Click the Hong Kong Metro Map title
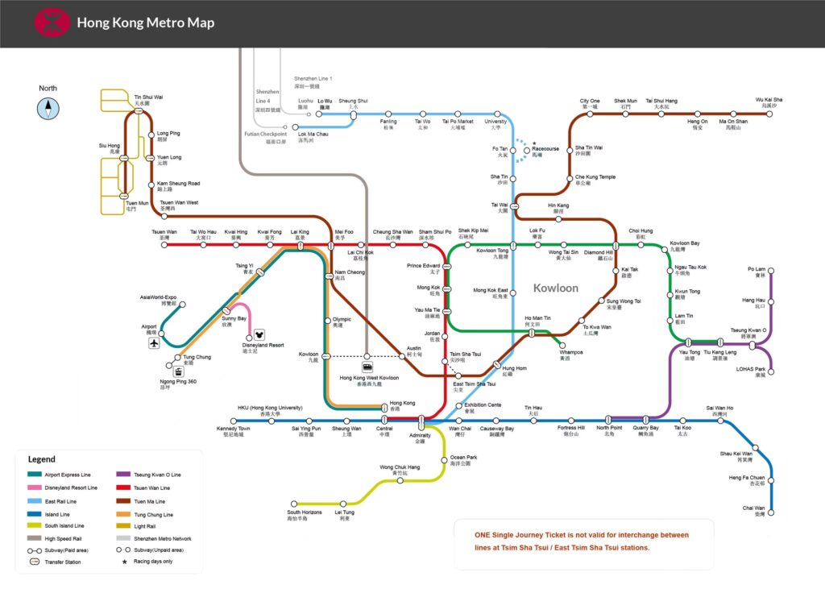pyautogui.click(x=146, y=23)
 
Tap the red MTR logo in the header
pyautogui.click(x=52, y=23)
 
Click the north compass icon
pyautogui.click(x=48, y=108)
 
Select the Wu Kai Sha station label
pyautogui.click(x=769, y=102)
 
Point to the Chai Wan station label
pyautogui.click(x=753, y=511)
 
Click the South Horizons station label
pyautogui.click(x=305, y=516)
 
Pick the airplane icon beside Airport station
pyautogui.click(x=154, y=343)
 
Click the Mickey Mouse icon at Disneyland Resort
pyautogui.click(x=259, y=334)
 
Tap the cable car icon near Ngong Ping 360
pyautogui.click(x=176, y=371)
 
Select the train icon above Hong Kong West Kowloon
pyautogui.click(x=367, y=367)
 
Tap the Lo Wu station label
pyautogui.click(x=325, y=104)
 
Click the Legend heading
pyautogui.click(x=42, y=459)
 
